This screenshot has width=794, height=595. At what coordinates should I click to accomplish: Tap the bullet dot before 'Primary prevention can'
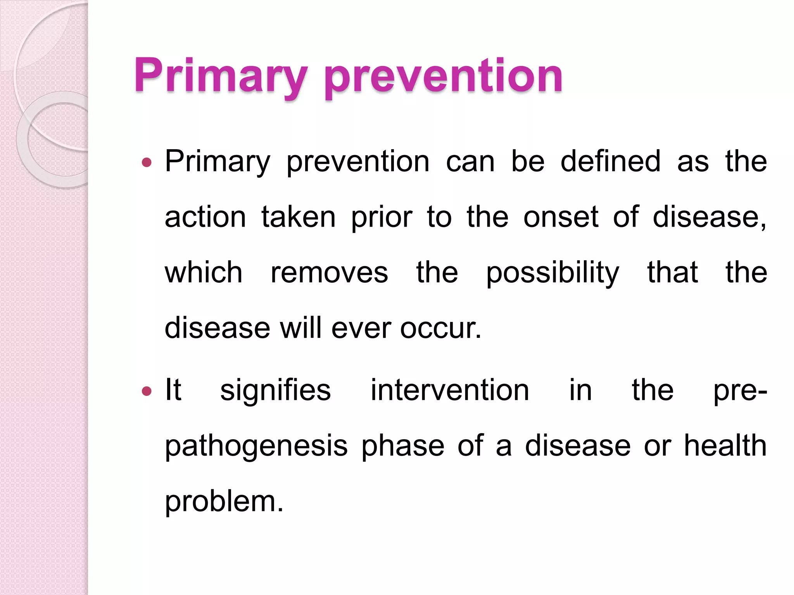click(147, 162)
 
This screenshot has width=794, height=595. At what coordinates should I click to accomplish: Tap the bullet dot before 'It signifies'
click(147, 391)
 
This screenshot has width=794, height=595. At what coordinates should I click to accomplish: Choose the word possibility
click(552, 273)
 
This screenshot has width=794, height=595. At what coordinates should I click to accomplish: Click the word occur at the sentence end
click(440, 328)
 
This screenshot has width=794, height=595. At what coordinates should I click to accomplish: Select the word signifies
click(275, 390)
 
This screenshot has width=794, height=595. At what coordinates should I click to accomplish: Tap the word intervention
click(450, 390)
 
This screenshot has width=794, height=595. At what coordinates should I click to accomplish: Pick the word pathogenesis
click(256, 447)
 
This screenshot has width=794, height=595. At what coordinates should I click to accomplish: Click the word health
click(725, 445)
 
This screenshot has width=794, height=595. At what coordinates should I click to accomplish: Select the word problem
click(224, 502)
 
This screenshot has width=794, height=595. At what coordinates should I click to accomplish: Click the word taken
click(298, 217)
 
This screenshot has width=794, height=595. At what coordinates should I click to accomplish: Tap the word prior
click(381, 218)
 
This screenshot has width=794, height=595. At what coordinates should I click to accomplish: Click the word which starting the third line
click(204, 272)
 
